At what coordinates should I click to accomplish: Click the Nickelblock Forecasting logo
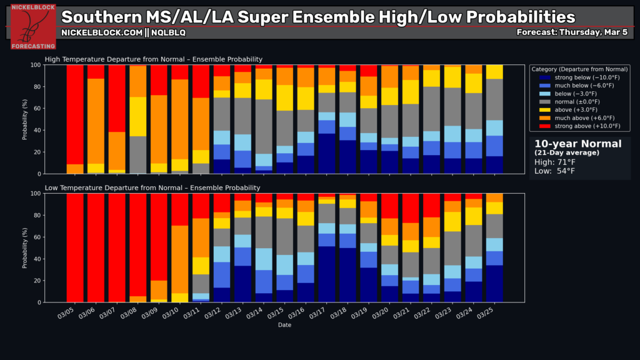[33, 27]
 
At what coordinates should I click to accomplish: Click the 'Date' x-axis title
[284, 325]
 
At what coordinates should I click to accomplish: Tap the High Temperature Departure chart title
[154, 59]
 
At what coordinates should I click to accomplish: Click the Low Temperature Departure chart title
[152, 187]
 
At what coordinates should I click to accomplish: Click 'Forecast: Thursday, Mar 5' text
[573, 32]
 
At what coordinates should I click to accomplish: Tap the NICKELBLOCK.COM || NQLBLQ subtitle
[123, 32]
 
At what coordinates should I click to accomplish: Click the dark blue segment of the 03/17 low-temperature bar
[326, 274]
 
